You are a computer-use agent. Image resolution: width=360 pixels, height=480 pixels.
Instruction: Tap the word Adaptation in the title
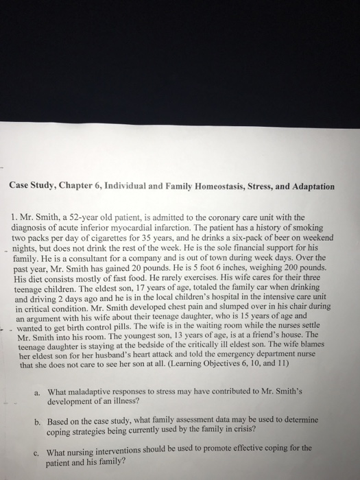click(309, 186)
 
